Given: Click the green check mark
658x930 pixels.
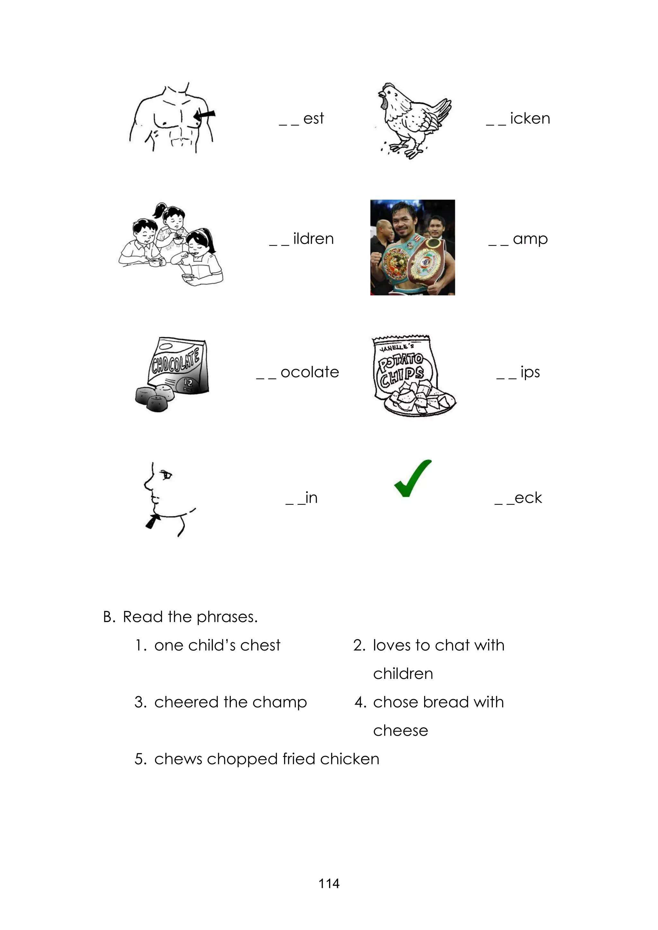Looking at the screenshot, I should point(412,479).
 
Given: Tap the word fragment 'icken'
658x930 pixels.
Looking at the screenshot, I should point(529,119).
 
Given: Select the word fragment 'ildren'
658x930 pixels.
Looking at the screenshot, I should point(313,239).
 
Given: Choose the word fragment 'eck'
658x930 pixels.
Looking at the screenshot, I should point(528,498).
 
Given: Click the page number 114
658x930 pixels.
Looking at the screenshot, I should point(329,883).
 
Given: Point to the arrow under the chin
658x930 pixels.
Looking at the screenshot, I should point(153,521).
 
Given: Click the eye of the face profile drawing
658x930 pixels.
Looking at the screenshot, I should point(166,474).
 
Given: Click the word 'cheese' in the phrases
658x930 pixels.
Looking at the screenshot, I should point(400,730).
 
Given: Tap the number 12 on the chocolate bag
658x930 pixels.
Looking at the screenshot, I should point(188,382).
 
